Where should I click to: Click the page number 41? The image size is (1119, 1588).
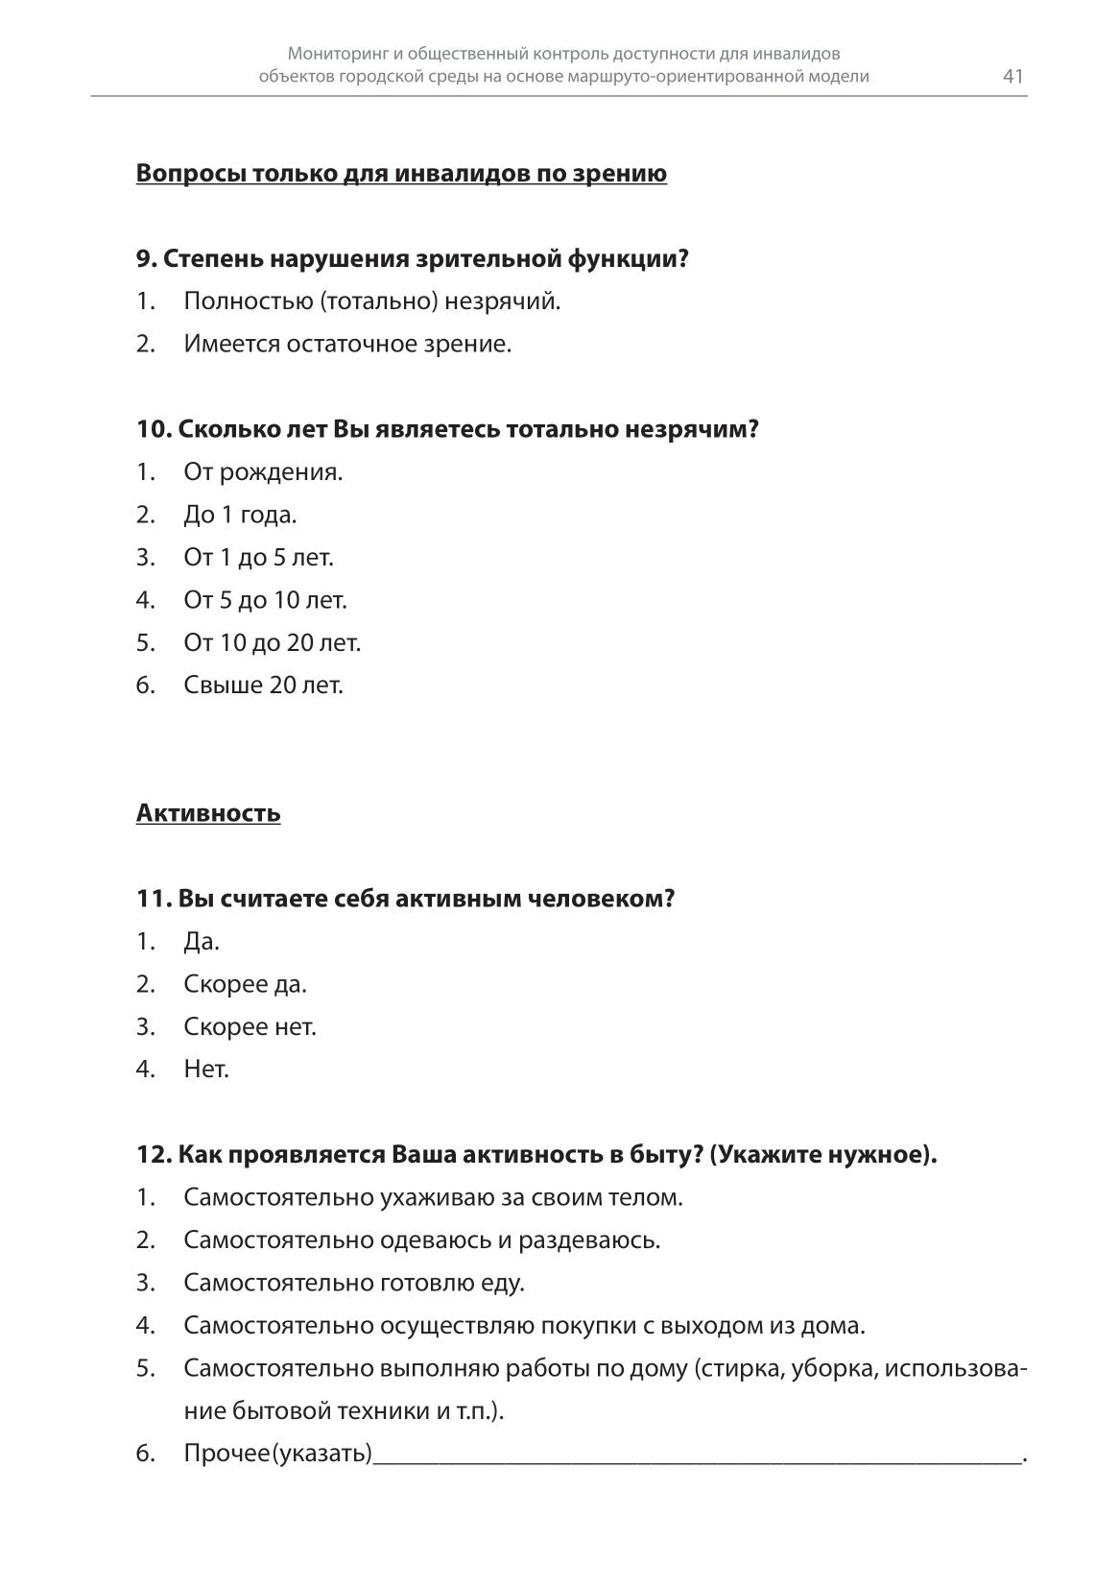click(1013, 77)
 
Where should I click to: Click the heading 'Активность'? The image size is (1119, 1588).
click(208, 813)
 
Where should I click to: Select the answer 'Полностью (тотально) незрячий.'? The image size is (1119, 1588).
click(371, 301)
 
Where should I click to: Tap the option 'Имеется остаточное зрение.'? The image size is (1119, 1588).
click(347, 344)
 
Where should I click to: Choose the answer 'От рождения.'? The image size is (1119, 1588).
click(263, 472)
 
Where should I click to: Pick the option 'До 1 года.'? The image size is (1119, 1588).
click(240, 515)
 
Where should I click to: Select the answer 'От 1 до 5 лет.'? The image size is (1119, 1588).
click(258, 558)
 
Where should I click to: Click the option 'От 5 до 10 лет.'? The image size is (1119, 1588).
click(265, 600)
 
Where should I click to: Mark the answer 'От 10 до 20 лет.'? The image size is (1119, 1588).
click(272, 642)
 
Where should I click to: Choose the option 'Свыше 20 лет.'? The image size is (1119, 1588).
click(263, 686)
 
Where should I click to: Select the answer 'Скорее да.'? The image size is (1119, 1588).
click(245, 984)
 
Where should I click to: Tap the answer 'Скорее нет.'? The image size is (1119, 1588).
click(250, 1026)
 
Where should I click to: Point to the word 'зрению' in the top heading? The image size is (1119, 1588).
click(622, 174)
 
